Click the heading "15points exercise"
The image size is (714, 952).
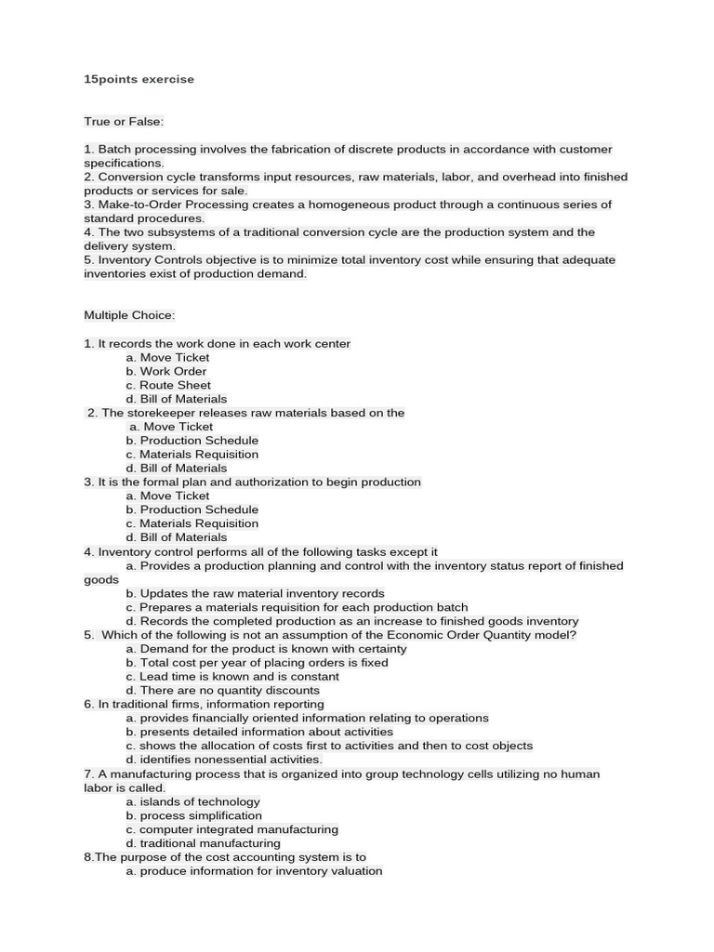(x=139, y=80)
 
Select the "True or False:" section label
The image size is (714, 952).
(x=124, y=122)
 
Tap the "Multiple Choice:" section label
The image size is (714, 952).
(x=129, y=316)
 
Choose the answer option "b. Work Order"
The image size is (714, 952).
(x=166, y=372)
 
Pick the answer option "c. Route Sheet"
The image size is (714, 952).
(x=168, y=386)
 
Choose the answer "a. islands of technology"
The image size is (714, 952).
(x=193, y=802)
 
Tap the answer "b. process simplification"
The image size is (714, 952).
(x=194, y=816)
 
